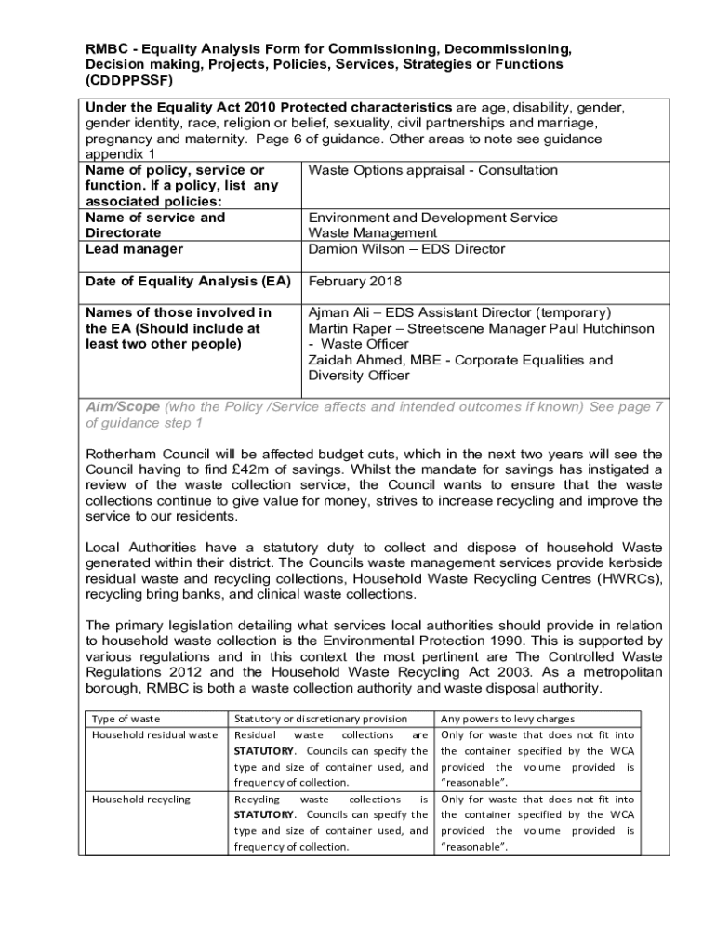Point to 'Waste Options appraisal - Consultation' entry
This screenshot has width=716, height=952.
(x=433, y=170)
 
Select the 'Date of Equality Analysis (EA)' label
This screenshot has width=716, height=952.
(x=188, y=281)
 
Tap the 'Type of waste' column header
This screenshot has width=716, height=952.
(x=126, y=719)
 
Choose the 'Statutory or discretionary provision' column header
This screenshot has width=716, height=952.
(x=321, y=719)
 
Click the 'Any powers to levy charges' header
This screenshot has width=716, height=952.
(x=507, y=719)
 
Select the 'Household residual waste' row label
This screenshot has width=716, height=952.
(x=154, y=734)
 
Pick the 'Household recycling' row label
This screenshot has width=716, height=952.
(x=140, y=799)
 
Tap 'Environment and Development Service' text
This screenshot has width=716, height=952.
(x=432, y=218)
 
